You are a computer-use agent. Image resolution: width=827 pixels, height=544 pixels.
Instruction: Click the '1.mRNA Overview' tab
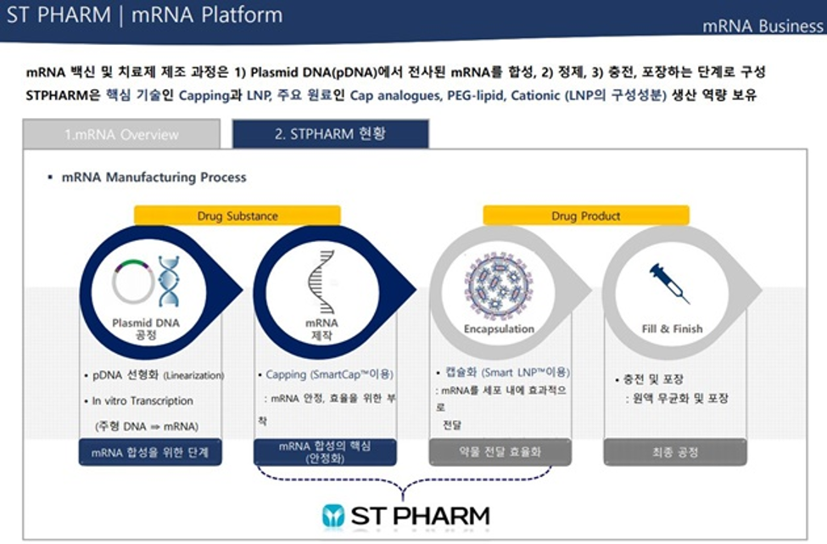click(x=121, y=134)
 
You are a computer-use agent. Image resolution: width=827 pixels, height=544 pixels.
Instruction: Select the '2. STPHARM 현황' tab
click(x=330, y=133)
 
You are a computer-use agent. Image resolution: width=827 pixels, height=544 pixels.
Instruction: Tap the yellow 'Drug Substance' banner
click(x=237, y=216)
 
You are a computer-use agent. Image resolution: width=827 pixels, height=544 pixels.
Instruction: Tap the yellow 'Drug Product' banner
click(x=586, y=216)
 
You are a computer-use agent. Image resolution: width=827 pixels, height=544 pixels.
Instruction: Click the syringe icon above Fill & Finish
click(x=668, y=283)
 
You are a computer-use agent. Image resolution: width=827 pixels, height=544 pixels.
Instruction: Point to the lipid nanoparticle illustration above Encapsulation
click(x=499, y=283)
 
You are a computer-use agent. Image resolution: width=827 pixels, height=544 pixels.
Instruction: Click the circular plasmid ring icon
click(x=133, y=281)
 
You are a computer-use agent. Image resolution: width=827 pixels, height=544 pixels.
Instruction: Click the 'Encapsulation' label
click(x=499, y=328)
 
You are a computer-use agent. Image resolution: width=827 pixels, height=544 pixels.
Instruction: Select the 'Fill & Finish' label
click(x=672, y=328)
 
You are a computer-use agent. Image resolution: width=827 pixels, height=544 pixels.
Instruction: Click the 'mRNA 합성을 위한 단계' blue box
click(x=150, y=452)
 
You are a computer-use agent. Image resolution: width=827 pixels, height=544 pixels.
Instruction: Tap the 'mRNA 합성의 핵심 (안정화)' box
click(x=325, y=452)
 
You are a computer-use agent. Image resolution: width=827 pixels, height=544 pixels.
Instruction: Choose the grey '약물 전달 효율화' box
click(x=500, y=452)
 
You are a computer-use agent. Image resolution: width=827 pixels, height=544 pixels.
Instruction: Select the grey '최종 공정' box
click(x=675, y=452)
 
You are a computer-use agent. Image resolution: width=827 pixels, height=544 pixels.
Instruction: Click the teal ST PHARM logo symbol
click(x=332, y=515)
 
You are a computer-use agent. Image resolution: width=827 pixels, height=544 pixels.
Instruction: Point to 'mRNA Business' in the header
click(x=763, y=25)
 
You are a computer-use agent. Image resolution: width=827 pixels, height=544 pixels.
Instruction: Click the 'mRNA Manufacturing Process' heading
click(x=154, y=177)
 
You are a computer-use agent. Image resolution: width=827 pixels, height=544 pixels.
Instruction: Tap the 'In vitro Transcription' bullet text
click(x=142, y=401)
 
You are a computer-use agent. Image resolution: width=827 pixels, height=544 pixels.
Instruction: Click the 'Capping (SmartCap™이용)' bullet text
click(x=330, y=374)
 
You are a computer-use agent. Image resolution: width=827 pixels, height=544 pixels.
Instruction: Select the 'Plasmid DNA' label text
click(x=146, y=322)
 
